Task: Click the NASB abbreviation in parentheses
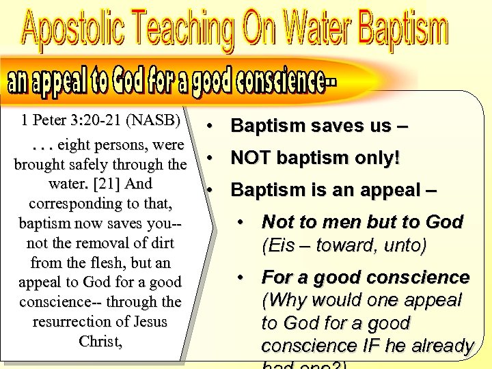click(156, 120)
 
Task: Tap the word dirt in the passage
click(161, 243)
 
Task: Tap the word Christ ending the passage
click(99, 341)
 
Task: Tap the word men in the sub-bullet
click(341, 222)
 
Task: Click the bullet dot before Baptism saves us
click(213, 126)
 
